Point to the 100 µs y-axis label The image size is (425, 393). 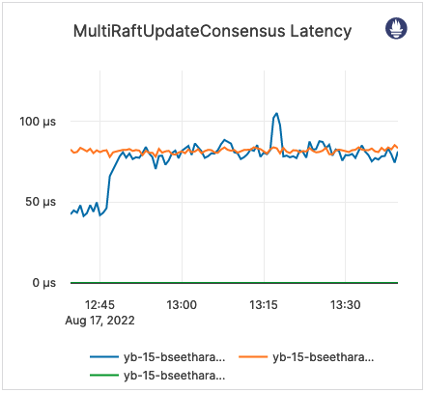coord(41,122)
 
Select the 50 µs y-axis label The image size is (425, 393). coord(44,202)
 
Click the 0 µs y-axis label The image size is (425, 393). coord(47,283)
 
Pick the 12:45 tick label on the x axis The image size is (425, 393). coord(100,304)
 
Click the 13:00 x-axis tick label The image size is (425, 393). coord(182,304)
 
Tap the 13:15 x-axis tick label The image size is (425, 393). coord(264,304)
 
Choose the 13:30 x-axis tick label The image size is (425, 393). coord(345,304)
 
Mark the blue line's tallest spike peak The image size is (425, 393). coord(276,113)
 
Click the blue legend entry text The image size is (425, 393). coord(175,357)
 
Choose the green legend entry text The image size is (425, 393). coord(175,374)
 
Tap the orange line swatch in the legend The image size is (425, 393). coord(255,357)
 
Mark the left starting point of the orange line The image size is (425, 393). coord(71,150)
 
